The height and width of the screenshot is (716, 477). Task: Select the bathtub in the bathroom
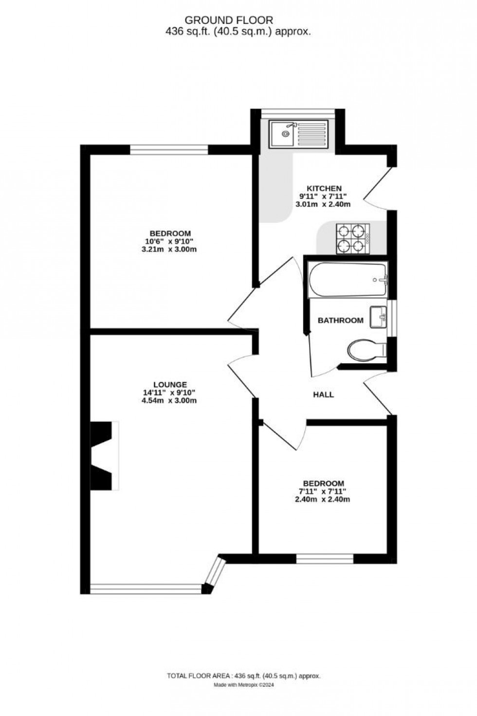coord(348,280)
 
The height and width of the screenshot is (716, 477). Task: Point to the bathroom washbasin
coord(378,317)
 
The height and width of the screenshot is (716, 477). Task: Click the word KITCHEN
coord(324,188)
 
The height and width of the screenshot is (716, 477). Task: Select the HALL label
coord(323,394)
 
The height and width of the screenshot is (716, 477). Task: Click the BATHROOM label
coord(340,320)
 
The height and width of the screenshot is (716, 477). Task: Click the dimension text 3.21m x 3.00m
coord(170,250)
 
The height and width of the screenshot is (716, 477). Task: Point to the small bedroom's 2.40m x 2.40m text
coord(323,499)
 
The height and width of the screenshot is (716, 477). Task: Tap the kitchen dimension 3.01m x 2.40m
coord(323,204)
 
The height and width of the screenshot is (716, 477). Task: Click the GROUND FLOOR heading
coord(228,20)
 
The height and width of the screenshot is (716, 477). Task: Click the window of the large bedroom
coord(169,149)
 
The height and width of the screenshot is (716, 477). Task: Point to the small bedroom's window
coord(325,559)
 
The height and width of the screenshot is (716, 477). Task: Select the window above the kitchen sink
coord(298,113)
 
